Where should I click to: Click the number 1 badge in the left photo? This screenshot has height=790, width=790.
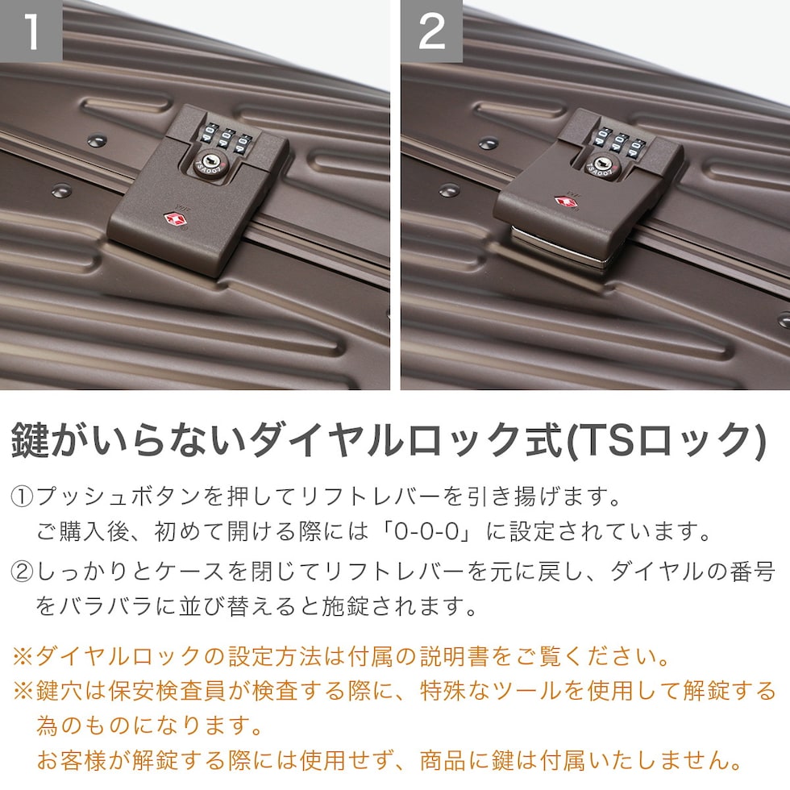[x=31, y=31]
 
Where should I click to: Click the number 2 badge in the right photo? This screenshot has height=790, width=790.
[x=432, y=31]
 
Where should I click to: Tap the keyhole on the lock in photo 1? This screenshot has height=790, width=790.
[x=209, y=162]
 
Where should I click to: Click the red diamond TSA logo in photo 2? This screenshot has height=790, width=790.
[x=567, y=202]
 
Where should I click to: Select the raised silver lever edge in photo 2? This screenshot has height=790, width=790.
[x=559, y=247]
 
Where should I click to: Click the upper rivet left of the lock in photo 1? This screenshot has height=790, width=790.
[x=97, y=140]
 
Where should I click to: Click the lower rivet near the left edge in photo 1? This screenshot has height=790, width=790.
[x=61, y=190]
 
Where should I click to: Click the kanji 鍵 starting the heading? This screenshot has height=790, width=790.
[x=31, y=440]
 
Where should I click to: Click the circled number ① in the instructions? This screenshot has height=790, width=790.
[x=22, y=497]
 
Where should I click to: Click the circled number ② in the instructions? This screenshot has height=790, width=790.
[x=22, y=572]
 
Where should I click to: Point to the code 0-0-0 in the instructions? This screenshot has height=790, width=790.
[x=427, y=531]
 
